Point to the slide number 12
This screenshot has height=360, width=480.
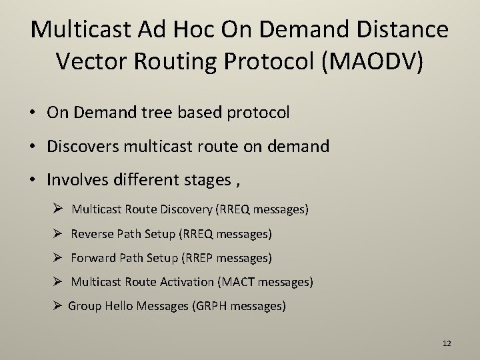(x=447, y=343)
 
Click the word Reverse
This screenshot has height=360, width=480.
(x=92, y=234)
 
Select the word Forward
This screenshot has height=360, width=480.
(x=93, y=258)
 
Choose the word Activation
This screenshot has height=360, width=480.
(x=187, y=282)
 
